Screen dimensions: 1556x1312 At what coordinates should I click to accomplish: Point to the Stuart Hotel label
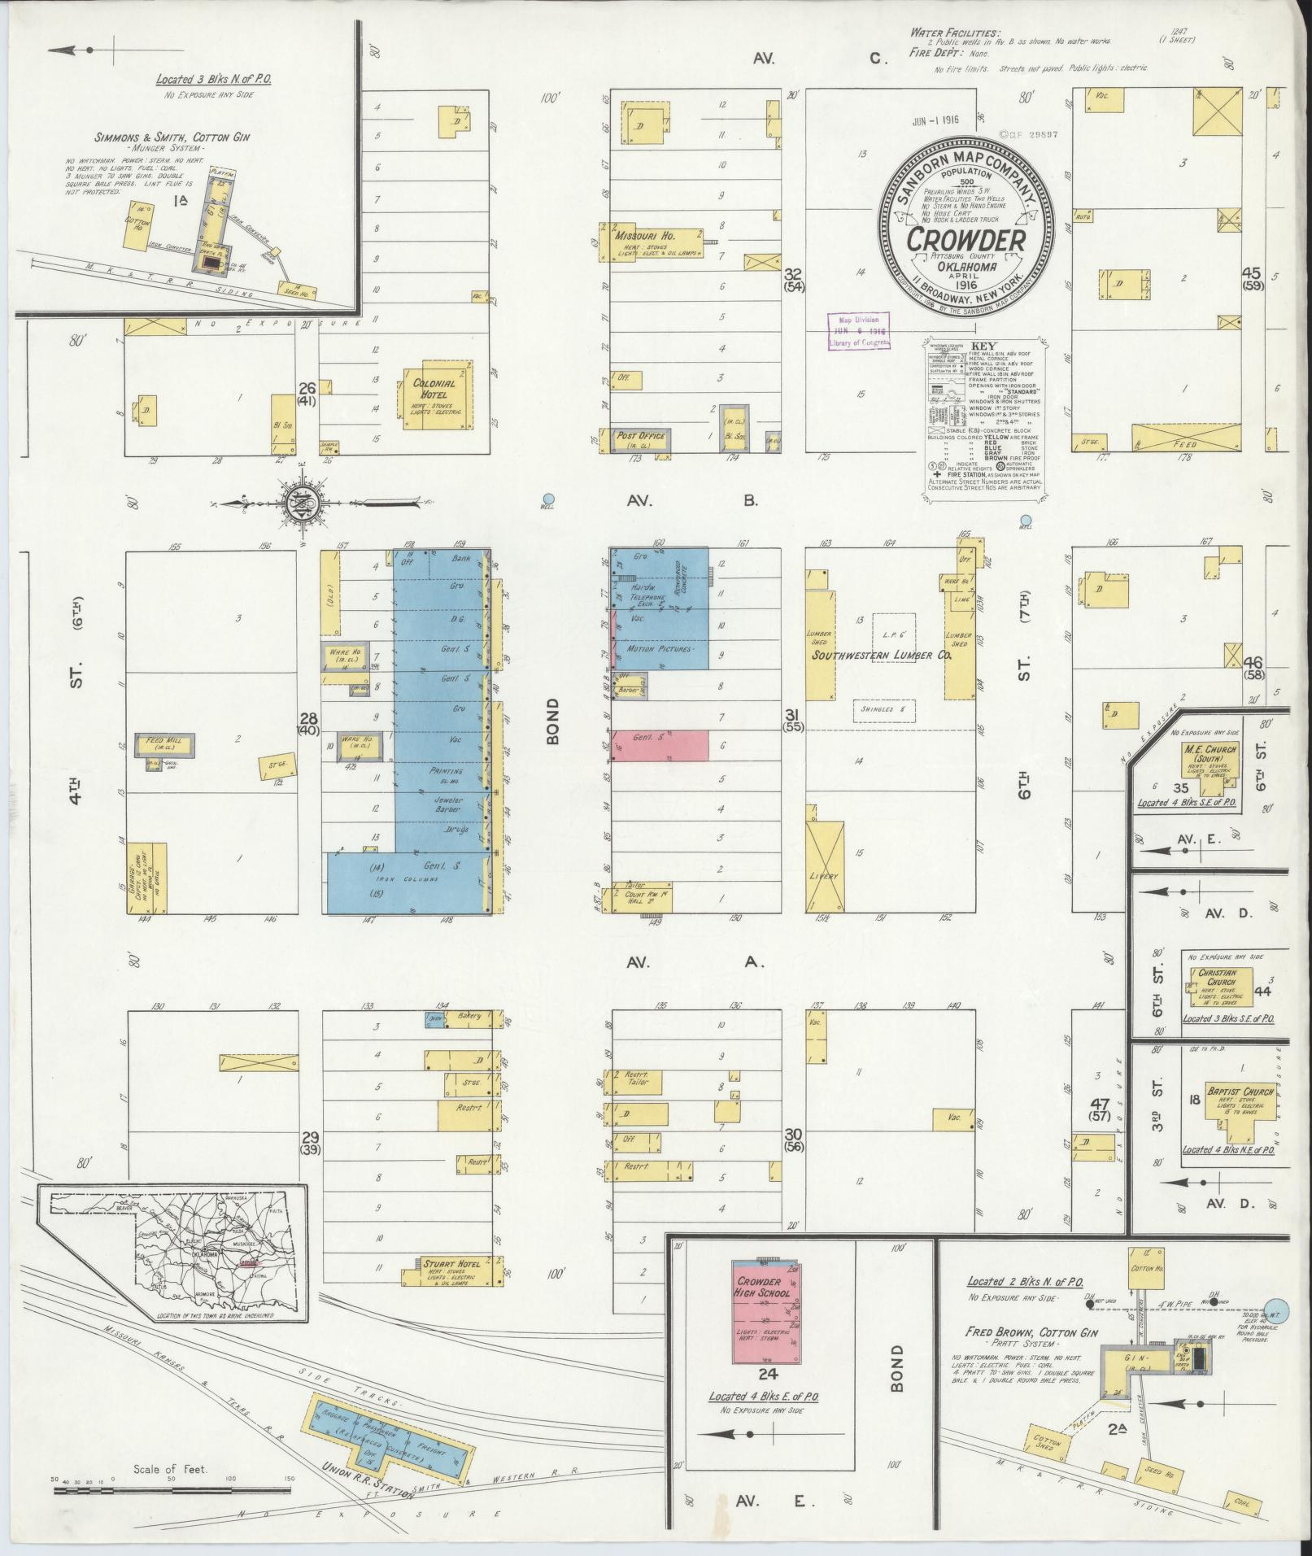450,1286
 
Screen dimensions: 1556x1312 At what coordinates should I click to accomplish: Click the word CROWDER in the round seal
965,240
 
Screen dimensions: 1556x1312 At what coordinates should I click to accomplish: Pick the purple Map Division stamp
857,331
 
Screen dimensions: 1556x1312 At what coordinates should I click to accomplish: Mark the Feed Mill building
168,744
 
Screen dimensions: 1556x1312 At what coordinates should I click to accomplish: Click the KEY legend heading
983,346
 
